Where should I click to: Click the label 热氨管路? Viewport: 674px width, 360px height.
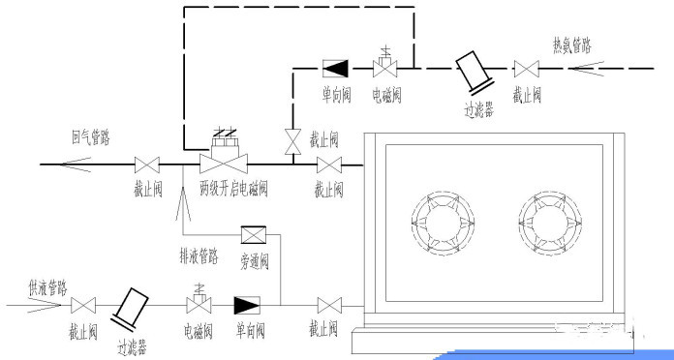pos(571,45)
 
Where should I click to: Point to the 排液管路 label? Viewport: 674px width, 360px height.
pos(199,257)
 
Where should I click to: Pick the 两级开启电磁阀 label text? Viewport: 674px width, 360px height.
pos(232,186)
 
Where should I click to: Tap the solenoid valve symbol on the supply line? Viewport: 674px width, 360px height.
pos(199,304)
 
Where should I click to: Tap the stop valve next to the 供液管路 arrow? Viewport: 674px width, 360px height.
pos(82,305)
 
